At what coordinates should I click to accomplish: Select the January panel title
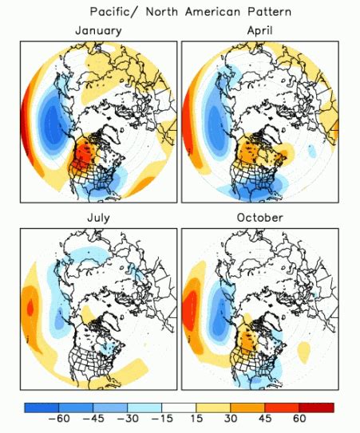[x=98, y=30]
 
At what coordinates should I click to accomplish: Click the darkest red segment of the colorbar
[x=317, y=407]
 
